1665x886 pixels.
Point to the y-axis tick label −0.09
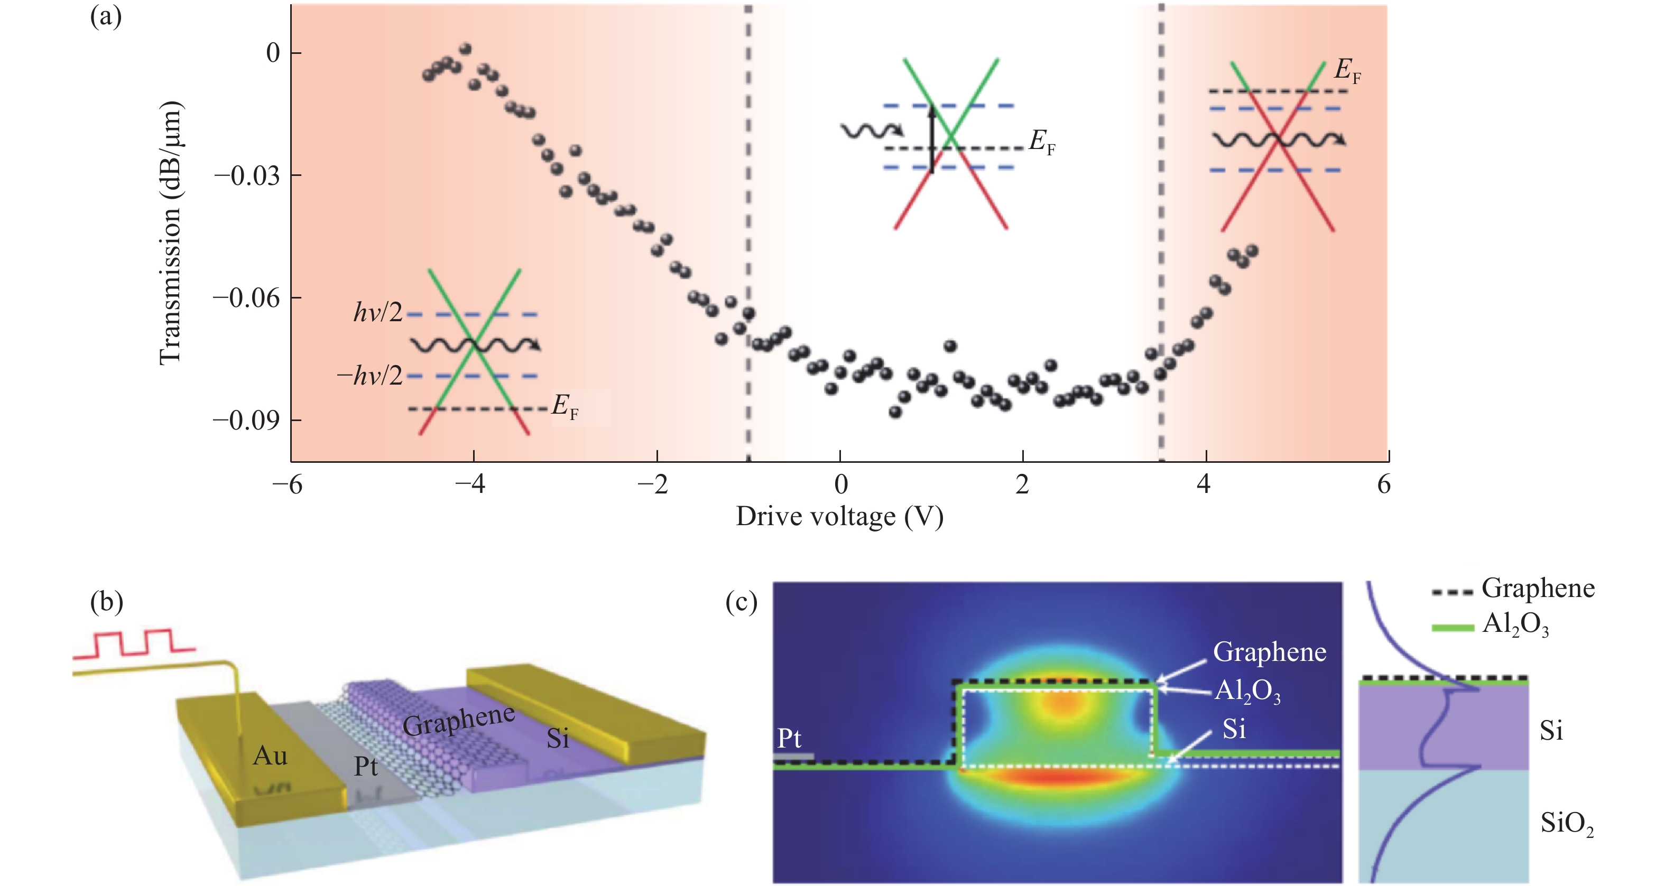247,421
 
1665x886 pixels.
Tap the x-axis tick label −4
470,484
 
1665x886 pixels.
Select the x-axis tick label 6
1383,484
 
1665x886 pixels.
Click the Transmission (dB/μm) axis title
171,232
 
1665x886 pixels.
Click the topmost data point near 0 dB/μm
465,49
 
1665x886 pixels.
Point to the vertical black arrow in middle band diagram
931,139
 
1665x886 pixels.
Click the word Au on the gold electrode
270,756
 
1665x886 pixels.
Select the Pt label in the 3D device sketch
366,767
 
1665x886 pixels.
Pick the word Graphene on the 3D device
459,720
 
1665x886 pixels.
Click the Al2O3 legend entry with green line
1514,624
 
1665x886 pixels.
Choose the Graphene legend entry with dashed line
1537,588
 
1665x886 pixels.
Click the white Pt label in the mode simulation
789,738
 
